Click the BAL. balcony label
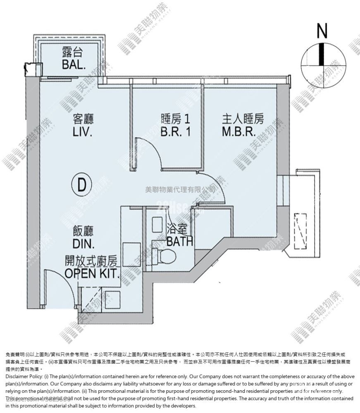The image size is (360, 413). click(74, 64)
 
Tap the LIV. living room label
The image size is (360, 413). click(82, 133)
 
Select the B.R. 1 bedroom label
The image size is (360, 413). click(175, 133)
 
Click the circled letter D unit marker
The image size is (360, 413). click(81, 185)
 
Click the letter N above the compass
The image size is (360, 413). click(322, 31)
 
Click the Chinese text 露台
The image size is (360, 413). click(74, 52)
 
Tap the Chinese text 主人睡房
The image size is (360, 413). click(243, 120)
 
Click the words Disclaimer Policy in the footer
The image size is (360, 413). click(24, 377)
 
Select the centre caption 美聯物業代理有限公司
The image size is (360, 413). click(180, 190)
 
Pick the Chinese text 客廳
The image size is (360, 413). click(83, 120)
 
